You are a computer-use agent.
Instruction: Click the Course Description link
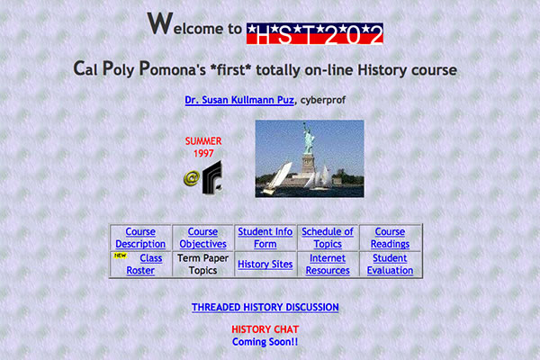pos(140,238)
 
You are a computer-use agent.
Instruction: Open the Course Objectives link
pos(202,238)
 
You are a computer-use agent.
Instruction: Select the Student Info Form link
pos(265,238)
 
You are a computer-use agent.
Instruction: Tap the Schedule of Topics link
pos(328,238)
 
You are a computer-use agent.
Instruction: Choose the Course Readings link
pos(390,238)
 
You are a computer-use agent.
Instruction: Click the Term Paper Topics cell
pos(202,264)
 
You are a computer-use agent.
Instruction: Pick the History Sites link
pos(265,265)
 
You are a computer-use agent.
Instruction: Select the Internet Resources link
pos(328,264)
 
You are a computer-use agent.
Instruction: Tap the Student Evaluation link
pos(390,264)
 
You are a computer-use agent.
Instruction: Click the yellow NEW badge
pos(120,256)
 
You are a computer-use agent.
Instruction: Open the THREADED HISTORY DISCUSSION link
pos(265,308)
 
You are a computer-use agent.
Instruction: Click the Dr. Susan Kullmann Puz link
pos(239,100)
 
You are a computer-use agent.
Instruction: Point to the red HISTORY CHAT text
pos(265,329)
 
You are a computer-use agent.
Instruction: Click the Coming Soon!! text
pos(265,342)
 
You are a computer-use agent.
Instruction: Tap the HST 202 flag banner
pos(314,34)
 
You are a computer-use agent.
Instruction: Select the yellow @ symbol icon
pos(191,178)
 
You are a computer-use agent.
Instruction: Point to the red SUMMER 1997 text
pos(202,147)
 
